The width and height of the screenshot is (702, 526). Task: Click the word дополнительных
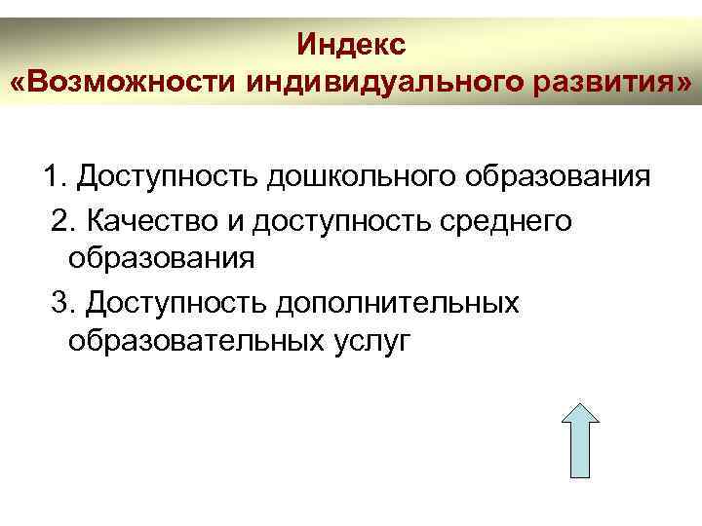pos(399,302)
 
